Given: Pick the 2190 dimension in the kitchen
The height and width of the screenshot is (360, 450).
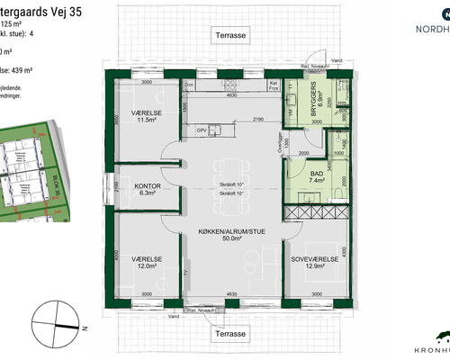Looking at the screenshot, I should [x=257, y=120].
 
